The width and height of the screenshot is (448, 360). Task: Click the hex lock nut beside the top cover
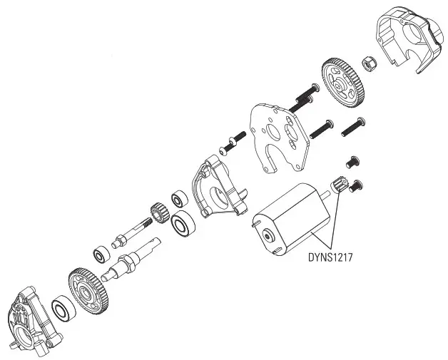[x=370, y=64]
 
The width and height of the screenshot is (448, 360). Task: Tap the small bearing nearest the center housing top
[x=178, y=197]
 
